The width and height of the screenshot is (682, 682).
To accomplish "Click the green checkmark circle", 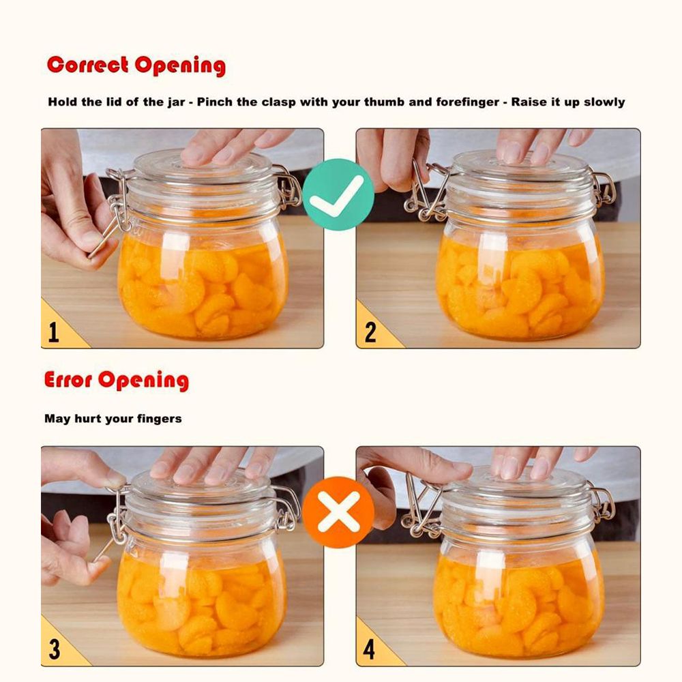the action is click(338, 194).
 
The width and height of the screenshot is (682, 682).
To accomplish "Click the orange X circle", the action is click(338, 512).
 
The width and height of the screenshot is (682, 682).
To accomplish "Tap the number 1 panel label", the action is click(53, 332).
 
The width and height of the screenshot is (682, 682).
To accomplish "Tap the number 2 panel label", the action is click(370, 332).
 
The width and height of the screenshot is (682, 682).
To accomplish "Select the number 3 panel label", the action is click(55, 649).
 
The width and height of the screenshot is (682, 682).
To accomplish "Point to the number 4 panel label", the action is click(369, 650).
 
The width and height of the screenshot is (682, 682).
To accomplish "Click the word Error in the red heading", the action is click(68, 379).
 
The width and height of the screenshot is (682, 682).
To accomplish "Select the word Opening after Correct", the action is click(180, 66).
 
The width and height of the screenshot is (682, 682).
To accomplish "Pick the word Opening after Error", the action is click(143, 381).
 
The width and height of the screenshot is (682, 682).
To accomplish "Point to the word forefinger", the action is click(468, 103).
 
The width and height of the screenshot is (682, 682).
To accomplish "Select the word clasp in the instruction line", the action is click(279, 103).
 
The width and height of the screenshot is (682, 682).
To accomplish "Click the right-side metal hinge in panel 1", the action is click(288, 188).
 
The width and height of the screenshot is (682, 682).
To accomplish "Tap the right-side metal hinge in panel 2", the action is click(604, 188).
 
